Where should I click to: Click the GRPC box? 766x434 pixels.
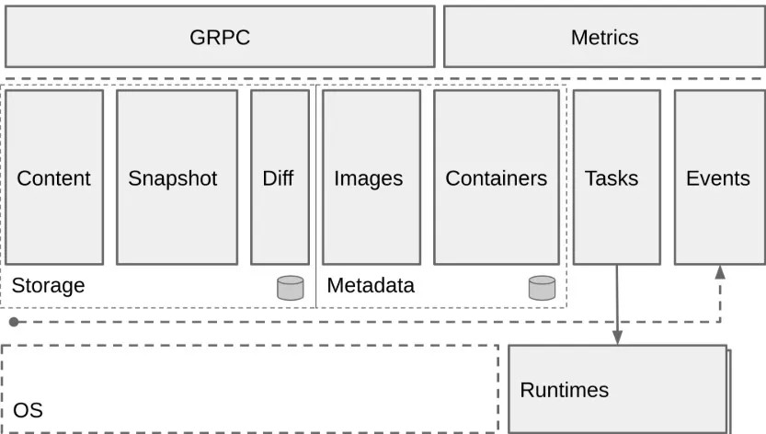[x=220, y=37]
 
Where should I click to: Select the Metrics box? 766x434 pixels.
[x=603, y=37]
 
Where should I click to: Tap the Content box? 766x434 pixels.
[x=54, y=177]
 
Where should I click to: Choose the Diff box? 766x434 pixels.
[x=280, y=177]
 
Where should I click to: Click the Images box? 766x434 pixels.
[x=368, y=177]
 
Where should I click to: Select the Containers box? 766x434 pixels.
[x=496, y=177]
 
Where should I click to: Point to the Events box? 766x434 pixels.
[x=718, y=177]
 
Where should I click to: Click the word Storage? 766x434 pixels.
[x=48, y=286]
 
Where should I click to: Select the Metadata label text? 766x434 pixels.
[x=371, y=286]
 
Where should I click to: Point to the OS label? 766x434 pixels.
[x=28, y=410]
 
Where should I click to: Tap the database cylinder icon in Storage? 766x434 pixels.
[x=290, y=288]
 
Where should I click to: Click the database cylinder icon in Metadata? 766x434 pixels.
[x=542, y=288]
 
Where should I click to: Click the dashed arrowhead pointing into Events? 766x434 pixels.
[x=719, y=272]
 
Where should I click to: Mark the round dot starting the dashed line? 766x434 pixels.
[x=13, y=322]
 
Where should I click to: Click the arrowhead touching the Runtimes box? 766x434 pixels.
[x=617, y=338]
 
